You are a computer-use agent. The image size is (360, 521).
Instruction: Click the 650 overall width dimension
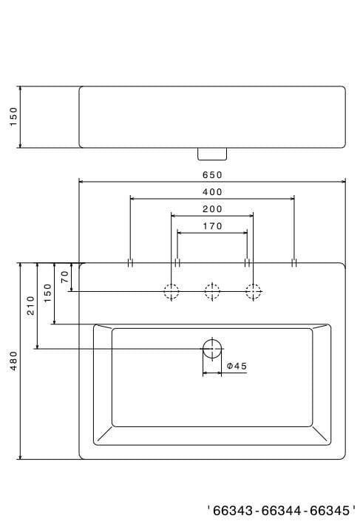tap(212, 175)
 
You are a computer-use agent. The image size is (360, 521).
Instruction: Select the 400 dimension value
tap(212, 192)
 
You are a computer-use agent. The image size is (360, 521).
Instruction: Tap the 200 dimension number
tap(212, 209)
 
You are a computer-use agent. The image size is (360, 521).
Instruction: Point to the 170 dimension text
tap(212, 227)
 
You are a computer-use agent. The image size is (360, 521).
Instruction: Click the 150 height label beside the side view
tap(13, 117)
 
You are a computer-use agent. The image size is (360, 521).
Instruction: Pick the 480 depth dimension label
tap(13, 361)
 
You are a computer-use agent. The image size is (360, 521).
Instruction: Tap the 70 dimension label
tap(65, 277)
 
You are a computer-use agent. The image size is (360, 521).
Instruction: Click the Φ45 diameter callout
tap(237, 366)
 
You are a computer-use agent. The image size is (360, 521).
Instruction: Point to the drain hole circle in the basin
tap(212, 348)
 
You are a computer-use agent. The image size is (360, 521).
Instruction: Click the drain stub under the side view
tap(212, 153)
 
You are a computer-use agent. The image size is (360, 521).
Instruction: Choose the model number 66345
tap(332, 510)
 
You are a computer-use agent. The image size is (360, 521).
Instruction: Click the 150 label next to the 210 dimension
tap(48, 293)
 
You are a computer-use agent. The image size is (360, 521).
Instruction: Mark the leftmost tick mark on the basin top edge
tap(130, 262)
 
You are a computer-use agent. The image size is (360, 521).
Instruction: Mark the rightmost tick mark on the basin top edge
tap(294, 262)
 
